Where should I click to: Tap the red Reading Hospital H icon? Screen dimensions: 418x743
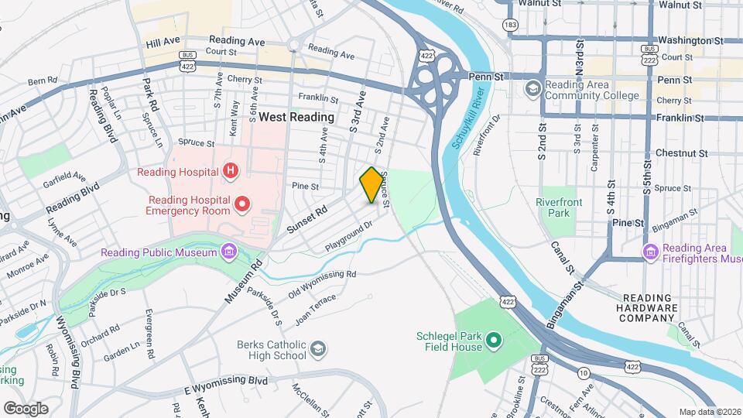[x=230, y=170]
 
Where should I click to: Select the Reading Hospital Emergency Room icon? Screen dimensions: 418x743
[x=242, y=204]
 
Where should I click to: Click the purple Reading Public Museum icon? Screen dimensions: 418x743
[x=228, y=252]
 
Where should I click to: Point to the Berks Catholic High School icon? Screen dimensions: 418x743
[x=317, y=351]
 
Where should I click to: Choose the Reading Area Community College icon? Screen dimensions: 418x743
[x=532, y=90]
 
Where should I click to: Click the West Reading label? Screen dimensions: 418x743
[x=296, y=117]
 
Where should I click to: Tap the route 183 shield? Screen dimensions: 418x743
[x=509, y=26]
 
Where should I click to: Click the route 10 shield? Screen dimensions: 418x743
[x=584, y=373]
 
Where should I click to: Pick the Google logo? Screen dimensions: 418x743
[x=26, y=408]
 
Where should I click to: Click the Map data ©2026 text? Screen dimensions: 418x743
[x=709, y=412]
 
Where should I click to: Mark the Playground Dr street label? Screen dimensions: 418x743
[x=349, y=235]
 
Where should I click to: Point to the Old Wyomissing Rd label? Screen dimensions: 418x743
[x=322, y=283]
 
